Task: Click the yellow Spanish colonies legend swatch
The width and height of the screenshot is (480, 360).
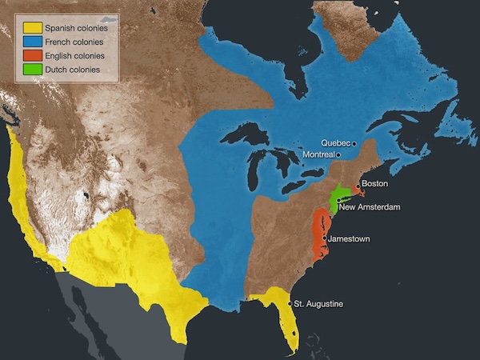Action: pyautogui.click(x=31, y=29)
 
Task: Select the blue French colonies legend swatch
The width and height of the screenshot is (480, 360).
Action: pyautogui.click(x=31, y=42)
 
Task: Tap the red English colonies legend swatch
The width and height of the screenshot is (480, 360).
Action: pyautogui.click(x=31, y=56)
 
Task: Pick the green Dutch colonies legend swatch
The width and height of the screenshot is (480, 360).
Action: pyautogui.click(x=31, y=70)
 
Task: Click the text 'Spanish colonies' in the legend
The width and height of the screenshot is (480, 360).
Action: pyautogui.click(x=76, y=29)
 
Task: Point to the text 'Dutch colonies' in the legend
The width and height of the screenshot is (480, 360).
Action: pyautogui.click(x=72, y=70)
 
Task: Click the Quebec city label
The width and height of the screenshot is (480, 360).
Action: pyautogui.click(x=335, y=142)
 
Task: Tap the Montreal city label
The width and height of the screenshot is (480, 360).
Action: pyautogui.click(x=319, y=154)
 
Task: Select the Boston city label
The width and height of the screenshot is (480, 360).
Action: pyautogui.click(x=374, y=184)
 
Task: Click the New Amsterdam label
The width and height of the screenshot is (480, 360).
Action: pyautogui.click(x=369, y=207)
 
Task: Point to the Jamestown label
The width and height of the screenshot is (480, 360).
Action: pyautogui.click(x=349, y=239)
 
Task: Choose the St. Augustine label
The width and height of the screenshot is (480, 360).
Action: pyautogui.click(x=318, y=304)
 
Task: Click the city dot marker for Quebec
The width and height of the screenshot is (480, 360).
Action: pyautogui.click(x=354, y=143)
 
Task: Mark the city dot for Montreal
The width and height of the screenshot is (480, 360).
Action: pyautogui.click(x=338, y=154)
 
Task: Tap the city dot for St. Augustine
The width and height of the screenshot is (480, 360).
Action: pyautogui.click(x=289, y=304)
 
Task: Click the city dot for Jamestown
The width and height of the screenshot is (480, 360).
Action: pyautogui.click(x=323, y=239)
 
